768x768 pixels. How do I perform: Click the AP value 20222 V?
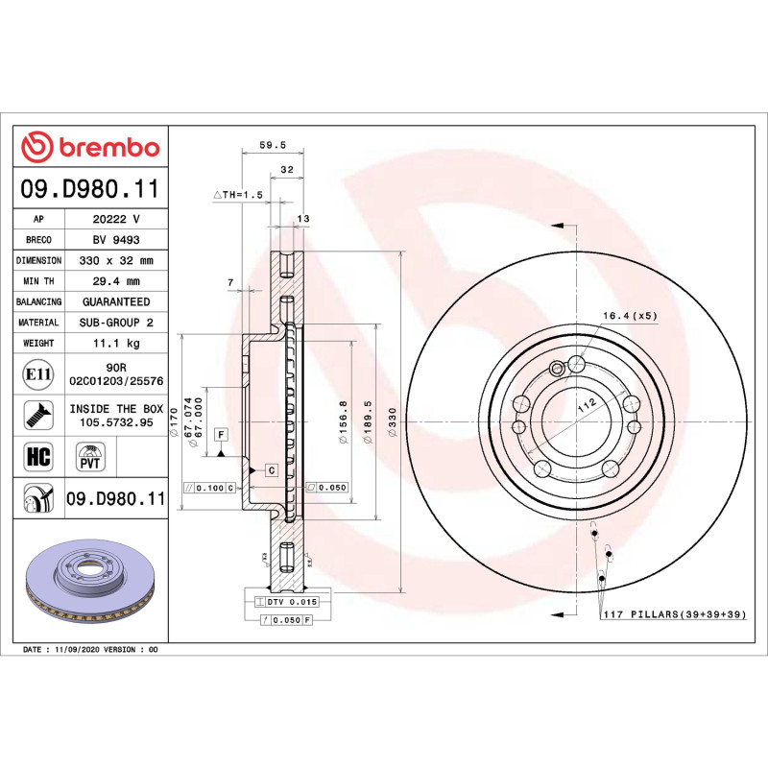point(116,219)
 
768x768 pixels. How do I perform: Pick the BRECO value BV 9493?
point(116,240)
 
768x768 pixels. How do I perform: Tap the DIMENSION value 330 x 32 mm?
point(116,260)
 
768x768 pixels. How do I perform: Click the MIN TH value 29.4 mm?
point(116,281)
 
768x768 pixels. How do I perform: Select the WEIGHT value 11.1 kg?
point(116,343)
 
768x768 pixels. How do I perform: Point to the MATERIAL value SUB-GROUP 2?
point(116,323)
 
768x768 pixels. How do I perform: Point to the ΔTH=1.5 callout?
point(237,194)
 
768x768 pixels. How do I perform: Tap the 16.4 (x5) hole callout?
point(630,316)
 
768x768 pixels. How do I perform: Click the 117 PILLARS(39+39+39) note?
point(674,613)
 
